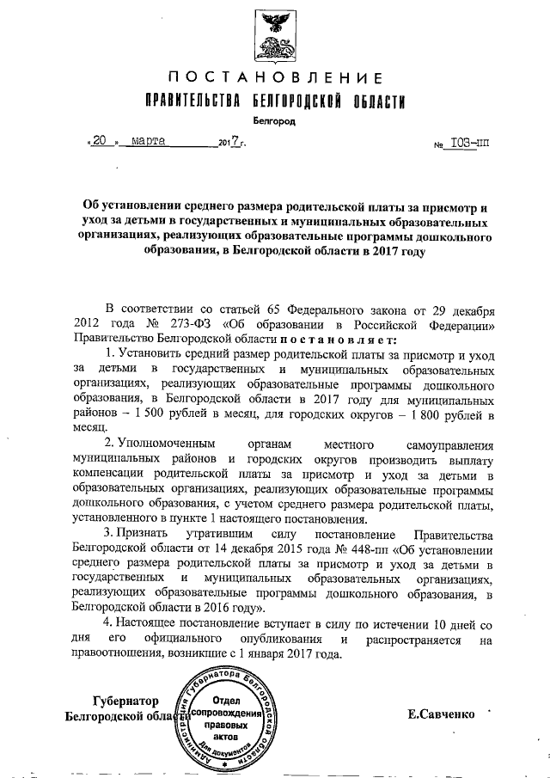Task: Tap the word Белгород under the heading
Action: [x=275, y=121]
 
